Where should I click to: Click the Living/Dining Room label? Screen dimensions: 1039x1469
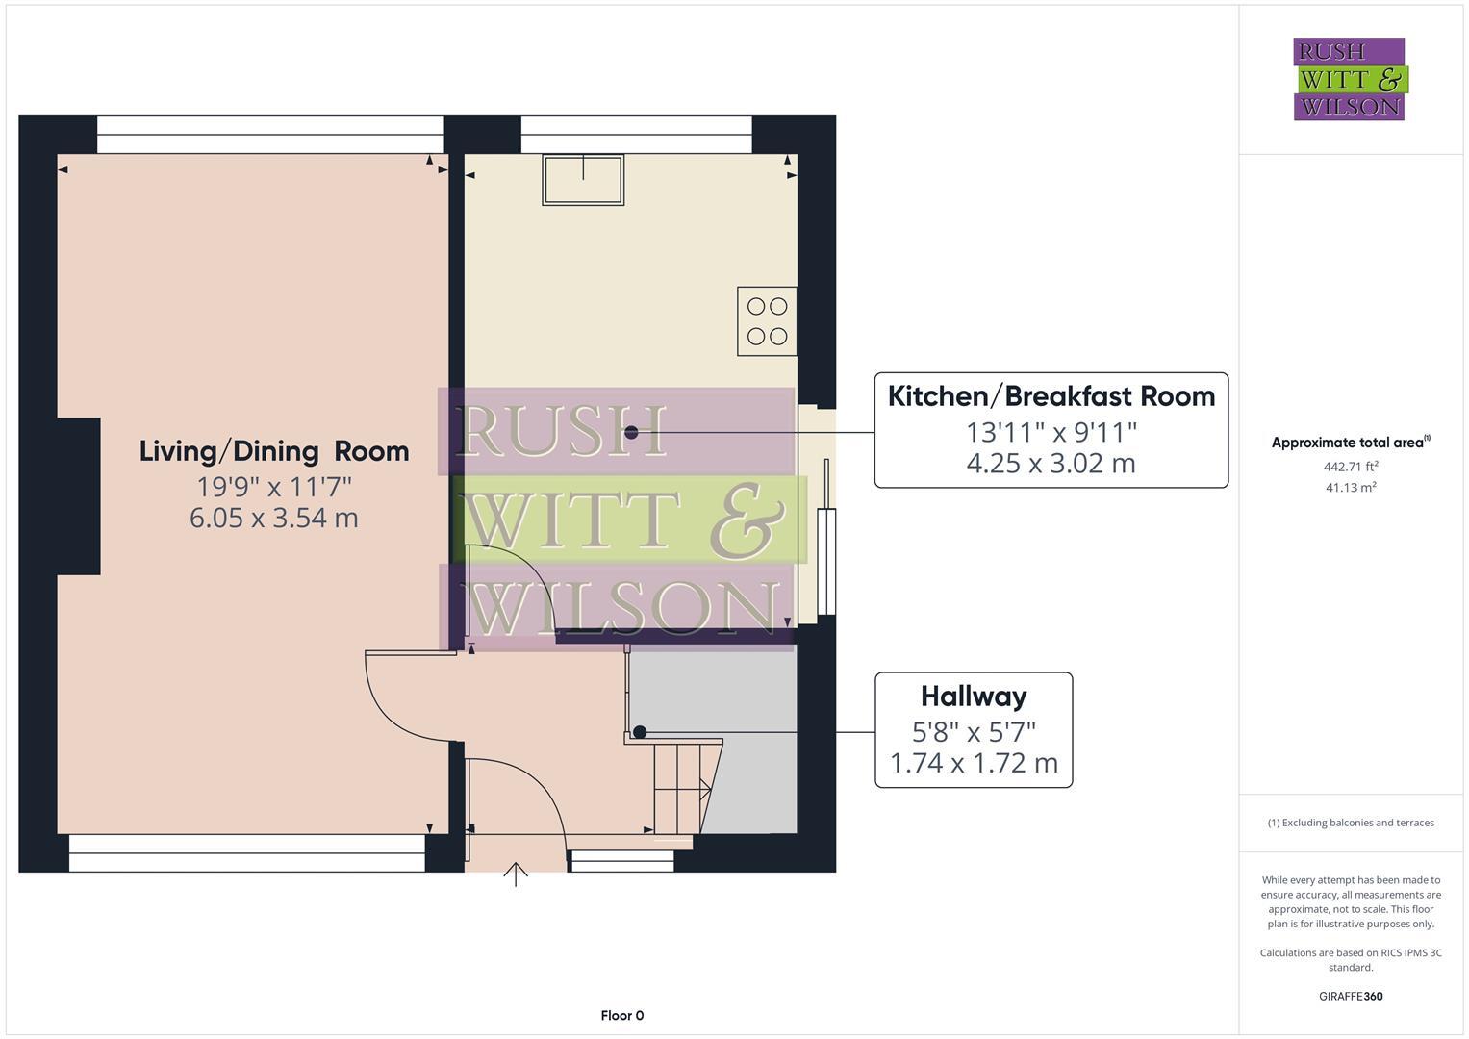(x=274, y=451)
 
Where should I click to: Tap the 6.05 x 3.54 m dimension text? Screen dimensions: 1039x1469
(x=274, y=518)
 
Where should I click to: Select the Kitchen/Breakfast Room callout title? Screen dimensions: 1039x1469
(x=1051, y=396)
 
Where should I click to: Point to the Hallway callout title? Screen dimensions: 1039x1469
(x=973, y=696)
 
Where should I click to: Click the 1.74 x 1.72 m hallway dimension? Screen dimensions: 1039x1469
(x=973, y=763)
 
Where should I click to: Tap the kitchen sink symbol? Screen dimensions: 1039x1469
(x=583, y=179)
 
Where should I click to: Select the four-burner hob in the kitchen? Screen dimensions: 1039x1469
(x=767, y=321)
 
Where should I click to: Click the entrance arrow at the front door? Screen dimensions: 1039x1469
(x=516, y=874)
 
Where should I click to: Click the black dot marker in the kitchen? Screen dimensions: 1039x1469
(x=631, y=432)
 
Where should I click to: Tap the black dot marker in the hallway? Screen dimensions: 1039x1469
(x=640, y=732)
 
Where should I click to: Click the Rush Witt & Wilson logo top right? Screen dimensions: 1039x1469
(x=1349, y=79)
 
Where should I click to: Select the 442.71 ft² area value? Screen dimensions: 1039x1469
(x=1351, y=467)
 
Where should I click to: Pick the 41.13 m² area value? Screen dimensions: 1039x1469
(x=1351, y=488)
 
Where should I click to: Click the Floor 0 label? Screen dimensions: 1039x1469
(x=621, y=1015)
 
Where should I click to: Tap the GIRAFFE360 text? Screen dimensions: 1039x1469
(x=1351, y=996)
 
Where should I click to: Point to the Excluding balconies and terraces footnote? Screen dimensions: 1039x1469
(x=1351, y=823)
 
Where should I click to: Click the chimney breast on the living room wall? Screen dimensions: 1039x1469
(x=79, y=496)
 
